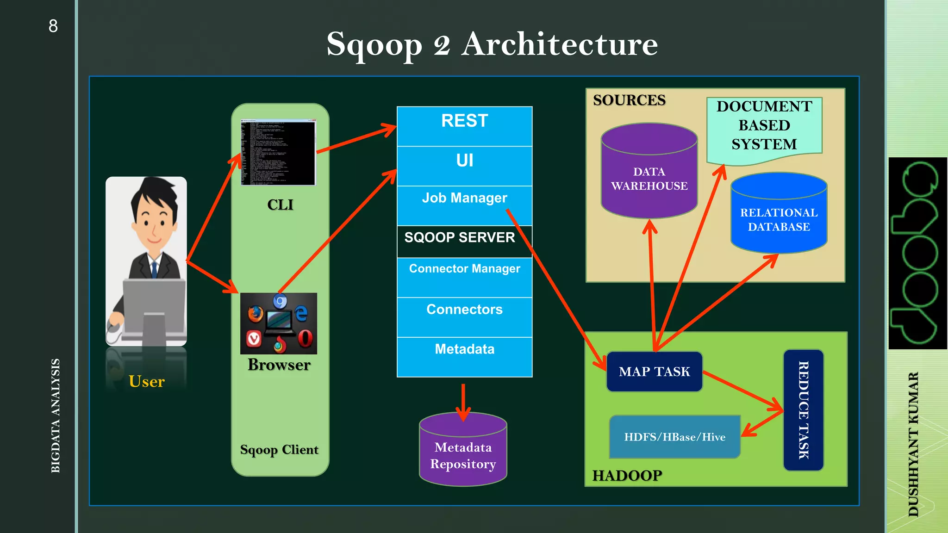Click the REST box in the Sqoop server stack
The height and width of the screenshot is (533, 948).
point(464,126)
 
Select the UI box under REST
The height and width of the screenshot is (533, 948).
point(464,165)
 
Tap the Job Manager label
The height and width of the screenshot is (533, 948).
point(464,198)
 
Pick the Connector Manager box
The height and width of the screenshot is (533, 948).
point(464,277)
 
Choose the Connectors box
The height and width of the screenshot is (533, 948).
point(464,316)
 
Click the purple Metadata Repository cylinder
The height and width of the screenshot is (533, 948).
point(463,456)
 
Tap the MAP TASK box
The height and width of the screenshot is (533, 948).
point(654,372)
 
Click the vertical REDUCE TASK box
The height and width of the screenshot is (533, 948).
point(803,410)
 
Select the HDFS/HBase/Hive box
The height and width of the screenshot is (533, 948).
point(674,437)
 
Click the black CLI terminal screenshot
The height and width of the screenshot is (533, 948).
point(278,153)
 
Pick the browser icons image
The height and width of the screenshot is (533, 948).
point(279,323)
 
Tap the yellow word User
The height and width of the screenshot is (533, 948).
point(146,381)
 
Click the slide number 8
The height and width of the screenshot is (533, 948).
point(53,26)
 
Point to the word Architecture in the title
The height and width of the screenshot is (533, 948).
point(559,44)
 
